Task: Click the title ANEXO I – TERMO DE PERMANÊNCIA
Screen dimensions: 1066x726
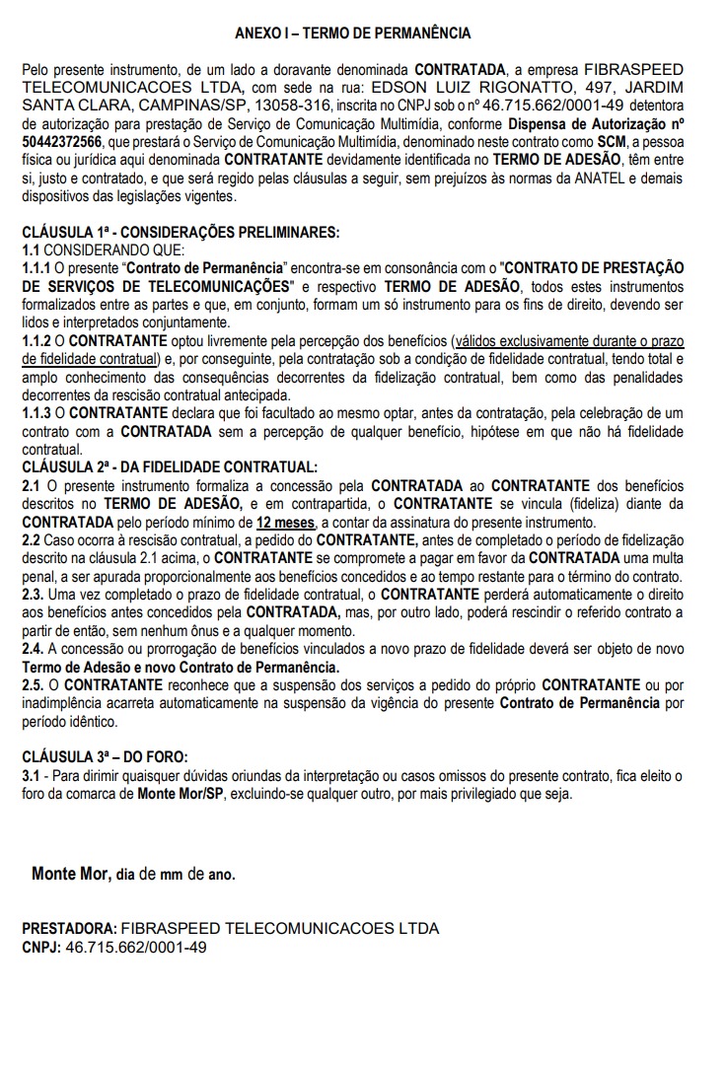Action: [353, 34]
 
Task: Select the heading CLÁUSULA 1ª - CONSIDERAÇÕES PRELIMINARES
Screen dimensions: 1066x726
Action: [181, 233]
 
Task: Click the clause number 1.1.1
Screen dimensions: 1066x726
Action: [37, 268]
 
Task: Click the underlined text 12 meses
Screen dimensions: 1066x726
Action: [286, 523]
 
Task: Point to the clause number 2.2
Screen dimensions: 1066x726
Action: [31, 540]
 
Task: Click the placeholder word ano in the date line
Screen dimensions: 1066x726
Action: [222, 875]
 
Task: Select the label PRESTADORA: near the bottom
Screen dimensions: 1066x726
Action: [68, 929]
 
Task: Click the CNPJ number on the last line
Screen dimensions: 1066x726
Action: [135, 947]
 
